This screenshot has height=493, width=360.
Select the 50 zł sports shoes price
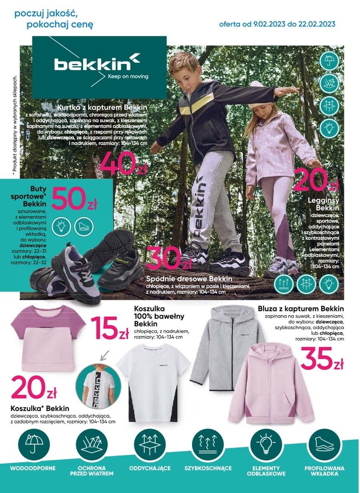coord(74,199)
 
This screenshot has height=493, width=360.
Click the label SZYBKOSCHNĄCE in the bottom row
coord(208,468)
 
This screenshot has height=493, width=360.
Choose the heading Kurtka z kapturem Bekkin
coord(102,108)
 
